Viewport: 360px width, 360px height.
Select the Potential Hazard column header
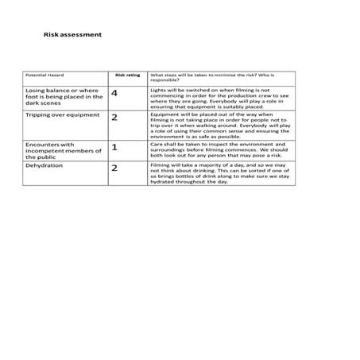point(45,76)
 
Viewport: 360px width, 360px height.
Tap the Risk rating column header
point(127,76)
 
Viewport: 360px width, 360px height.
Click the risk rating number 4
point(115,95)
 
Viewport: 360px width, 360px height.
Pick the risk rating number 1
point(114,147)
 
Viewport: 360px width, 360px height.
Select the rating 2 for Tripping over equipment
point(114,118)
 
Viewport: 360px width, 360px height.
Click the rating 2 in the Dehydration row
point(114,168)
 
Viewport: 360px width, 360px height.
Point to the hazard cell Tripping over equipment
point(63,114)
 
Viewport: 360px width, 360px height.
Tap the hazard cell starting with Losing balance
point(64,97)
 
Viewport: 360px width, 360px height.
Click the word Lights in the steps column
point(158,91)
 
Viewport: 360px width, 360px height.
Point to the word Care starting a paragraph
point(157,143)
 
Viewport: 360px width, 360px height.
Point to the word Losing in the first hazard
point(37,91)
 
